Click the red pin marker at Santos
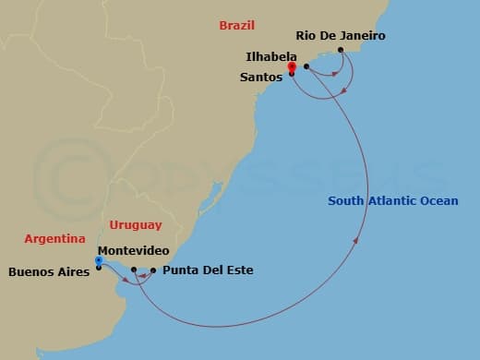point(292,66)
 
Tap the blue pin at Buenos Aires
point(99,261)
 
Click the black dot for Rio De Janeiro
point(341,50)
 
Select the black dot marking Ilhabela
point(306,66)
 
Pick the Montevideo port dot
point(134,270)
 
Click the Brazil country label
point(237,26)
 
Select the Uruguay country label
point(135,224)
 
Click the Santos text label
point(261,78)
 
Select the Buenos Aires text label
point(49,271)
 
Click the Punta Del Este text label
point(208,271)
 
